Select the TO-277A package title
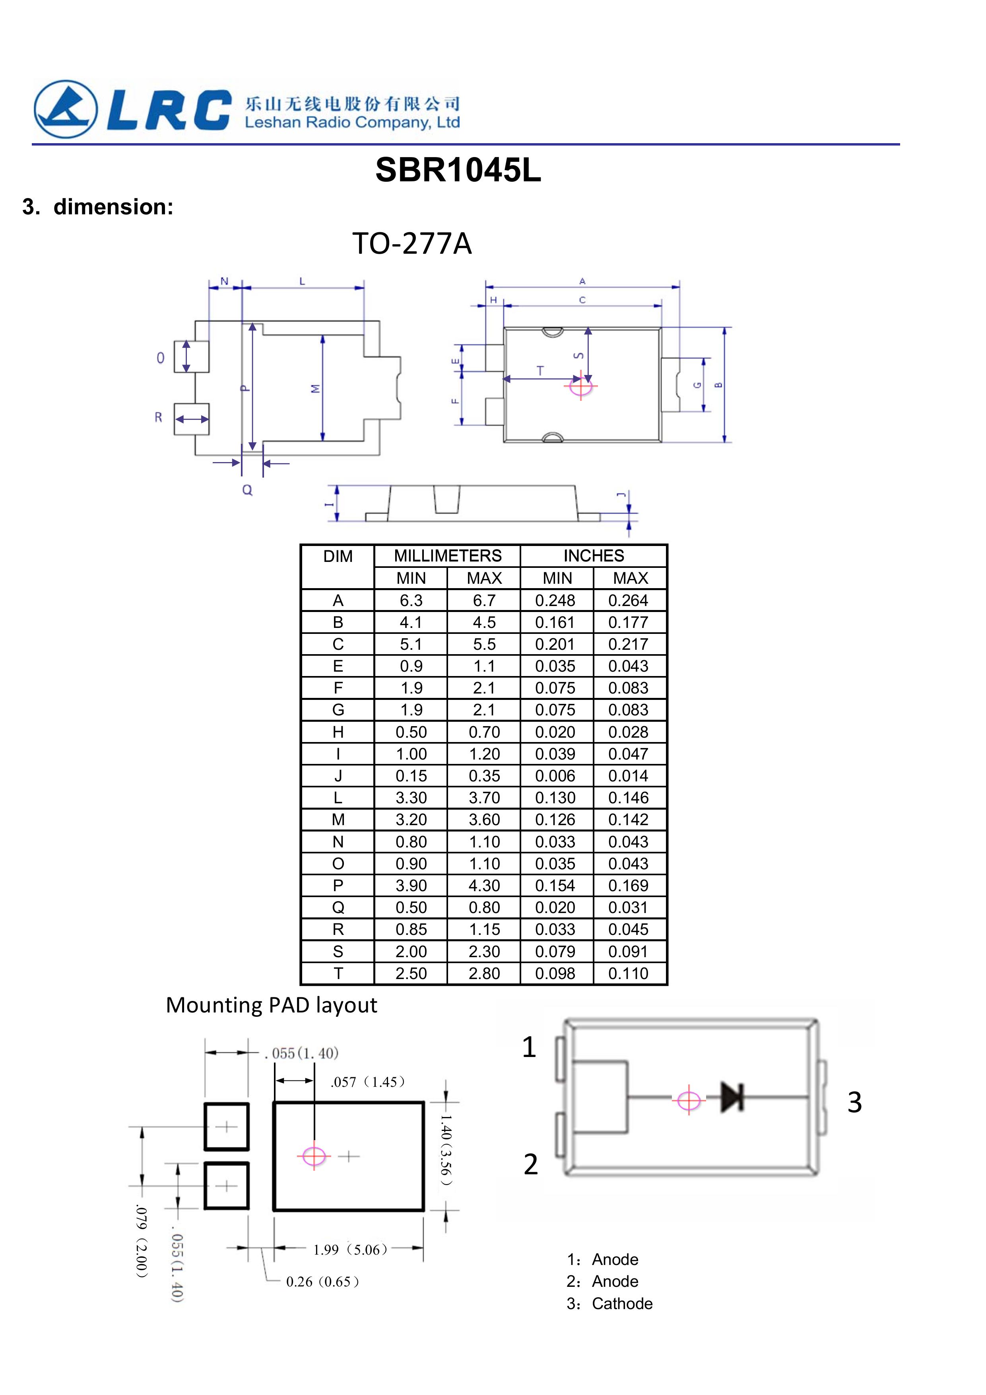(412, 244)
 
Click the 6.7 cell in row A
(484, 600)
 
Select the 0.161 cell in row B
(555, 622)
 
